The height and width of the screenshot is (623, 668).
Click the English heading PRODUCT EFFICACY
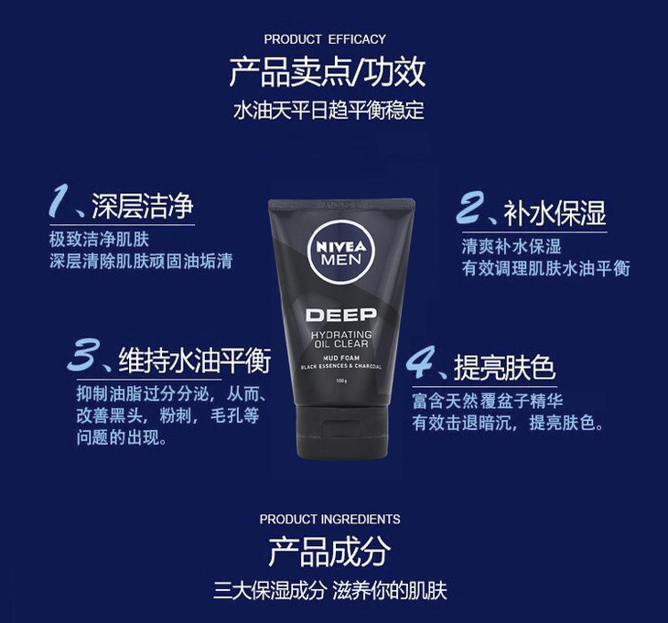tap(325, 39)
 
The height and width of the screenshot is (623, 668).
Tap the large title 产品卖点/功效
tap(328, 72)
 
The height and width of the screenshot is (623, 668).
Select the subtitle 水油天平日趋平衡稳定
tap(329, 111)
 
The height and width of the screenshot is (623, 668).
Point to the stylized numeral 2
tap(470, 207)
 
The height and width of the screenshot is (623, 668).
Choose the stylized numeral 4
tap(421, 361)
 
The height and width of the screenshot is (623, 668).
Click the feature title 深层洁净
tap(143, 206)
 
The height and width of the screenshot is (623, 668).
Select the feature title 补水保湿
tap(555, 213)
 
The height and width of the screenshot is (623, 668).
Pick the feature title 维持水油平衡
tap(195, 361)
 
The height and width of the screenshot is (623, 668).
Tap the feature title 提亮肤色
tap(505, 367)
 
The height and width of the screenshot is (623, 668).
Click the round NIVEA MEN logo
tap(340, 252)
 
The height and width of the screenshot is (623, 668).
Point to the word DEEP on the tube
tap(341, 315)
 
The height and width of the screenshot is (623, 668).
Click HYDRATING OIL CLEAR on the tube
tap(341, 339)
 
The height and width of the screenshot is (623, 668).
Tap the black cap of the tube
tap(342, 432)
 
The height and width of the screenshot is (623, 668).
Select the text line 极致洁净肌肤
tap(99, 240)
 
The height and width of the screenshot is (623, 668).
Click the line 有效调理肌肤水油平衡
tap(545, 268)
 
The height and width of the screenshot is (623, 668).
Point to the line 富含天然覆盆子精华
tap(488, 401)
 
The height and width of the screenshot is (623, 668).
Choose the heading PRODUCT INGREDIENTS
tap(329, 519)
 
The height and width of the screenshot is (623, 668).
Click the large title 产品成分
tap(329, 552)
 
